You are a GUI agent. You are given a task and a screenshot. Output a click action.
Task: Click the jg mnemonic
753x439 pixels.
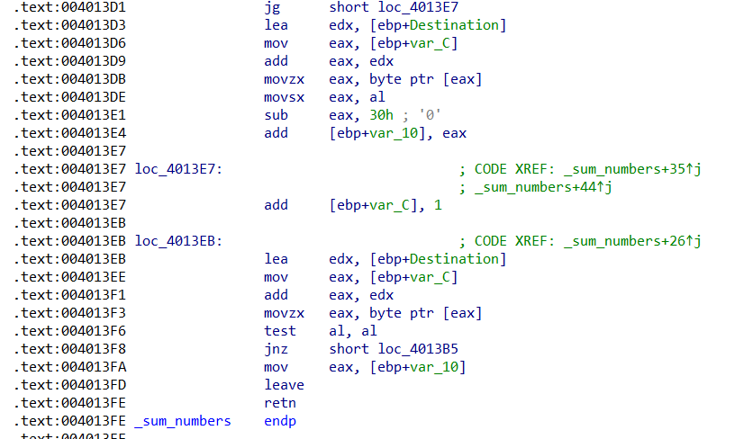coord(272,8)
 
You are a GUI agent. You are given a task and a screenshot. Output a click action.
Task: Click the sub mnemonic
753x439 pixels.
coord(277,115)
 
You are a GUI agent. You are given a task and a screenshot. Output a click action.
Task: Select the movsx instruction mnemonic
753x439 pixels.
coord(285,97)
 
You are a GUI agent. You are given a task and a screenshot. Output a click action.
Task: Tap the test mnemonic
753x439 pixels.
coord(280,331)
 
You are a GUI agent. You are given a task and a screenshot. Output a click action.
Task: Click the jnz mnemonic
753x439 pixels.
coord(277,349)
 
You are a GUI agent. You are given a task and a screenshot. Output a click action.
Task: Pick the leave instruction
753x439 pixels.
coord(285,385)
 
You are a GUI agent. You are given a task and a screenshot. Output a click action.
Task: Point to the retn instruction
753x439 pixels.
coord(280,403)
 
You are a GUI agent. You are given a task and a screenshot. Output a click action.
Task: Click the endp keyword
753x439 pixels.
coord(280,421)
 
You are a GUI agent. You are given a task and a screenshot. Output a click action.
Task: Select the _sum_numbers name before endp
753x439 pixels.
coord(183,421)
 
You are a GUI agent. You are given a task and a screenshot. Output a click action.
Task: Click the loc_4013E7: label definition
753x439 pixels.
coord(178,169)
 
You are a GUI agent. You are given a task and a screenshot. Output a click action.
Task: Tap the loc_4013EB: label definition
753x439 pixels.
coord(178,241)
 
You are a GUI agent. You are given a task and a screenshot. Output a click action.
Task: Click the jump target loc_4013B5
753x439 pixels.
coord(418,349)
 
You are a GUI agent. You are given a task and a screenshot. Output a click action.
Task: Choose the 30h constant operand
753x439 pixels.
coord(381,115)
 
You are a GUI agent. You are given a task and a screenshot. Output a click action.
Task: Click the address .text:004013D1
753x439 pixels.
coord(69,8)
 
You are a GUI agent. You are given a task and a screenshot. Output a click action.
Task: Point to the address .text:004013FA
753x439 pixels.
coord(69,368)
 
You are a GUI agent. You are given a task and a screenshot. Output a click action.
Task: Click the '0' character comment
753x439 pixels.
coord(430,115)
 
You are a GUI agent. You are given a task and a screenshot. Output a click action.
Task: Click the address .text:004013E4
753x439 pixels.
coord(69,133)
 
